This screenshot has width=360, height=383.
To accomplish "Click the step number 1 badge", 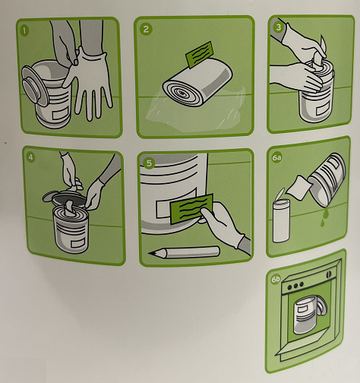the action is tap(24, 31).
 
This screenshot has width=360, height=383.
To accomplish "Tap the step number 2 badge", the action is tap(146, 29).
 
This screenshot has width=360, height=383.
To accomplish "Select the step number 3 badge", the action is tap(279, 27).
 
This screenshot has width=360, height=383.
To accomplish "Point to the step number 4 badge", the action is tap(30, 157).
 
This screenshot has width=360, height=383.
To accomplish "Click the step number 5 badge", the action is tap(149, 163).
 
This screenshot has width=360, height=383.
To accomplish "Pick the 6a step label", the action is tap(276, 157).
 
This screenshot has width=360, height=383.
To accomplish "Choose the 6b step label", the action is tap(276, 280).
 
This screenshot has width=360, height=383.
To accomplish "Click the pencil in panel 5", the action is tap(184, 252).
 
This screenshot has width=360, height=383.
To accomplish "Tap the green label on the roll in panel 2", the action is tap(199, 55).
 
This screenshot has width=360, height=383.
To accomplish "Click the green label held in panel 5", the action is tap(192, 208).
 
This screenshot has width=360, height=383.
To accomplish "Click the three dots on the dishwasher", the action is tap(295, 286).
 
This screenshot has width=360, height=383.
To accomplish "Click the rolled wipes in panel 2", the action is tap(197, 82).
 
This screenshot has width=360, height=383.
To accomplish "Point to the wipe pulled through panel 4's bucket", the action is tap(69, 207).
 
